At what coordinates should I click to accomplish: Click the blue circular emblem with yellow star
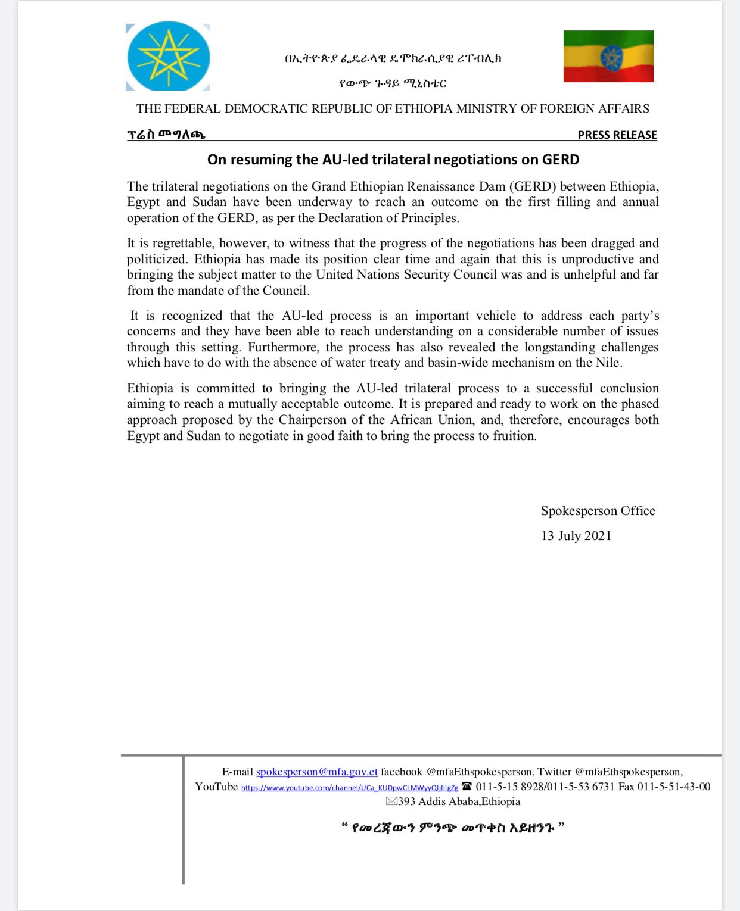coord(169,57)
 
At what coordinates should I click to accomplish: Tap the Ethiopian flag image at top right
coord(608,56)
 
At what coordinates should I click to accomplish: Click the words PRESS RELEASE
coord(617,135)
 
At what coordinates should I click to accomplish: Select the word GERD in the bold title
coord(561,160)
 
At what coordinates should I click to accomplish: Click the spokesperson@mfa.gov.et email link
coord(317,772)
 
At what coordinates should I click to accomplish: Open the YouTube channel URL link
coord(350,787)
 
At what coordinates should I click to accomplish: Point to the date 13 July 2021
coord(576,536)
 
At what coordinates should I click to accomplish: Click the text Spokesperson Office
coord(598,511)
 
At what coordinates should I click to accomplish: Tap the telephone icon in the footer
coord(467,787)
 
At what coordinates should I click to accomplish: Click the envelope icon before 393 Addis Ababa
coord(391,801)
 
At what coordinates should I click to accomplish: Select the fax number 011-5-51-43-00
coord(674,787)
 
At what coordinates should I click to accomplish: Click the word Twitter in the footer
coord(554,772)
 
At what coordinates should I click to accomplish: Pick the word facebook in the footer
coord(402,772)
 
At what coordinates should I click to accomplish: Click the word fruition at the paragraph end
coord(514,436)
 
